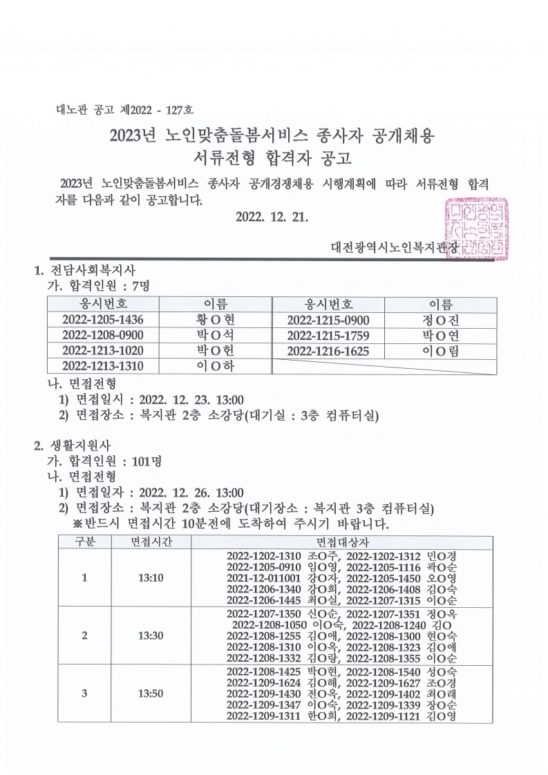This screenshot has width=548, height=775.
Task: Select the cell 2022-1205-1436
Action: coord(103,320)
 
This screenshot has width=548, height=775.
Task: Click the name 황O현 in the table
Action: coord(216,320)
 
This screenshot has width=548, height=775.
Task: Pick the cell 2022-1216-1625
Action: coord(328,352)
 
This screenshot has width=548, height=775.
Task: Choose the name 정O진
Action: coord(440,320)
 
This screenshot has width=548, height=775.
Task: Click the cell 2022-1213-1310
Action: coord(103,366)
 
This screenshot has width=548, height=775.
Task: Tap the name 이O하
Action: coord(216,366)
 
